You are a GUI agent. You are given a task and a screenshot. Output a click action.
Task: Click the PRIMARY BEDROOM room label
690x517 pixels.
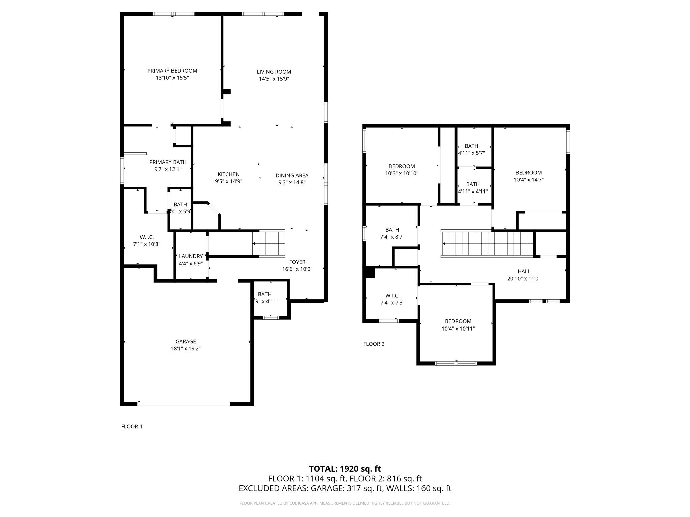172,71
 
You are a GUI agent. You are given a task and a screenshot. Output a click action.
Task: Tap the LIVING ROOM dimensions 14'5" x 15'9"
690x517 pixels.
274,79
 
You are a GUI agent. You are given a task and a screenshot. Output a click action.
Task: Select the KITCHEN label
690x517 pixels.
228,174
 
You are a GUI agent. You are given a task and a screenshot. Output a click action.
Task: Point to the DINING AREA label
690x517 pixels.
292,175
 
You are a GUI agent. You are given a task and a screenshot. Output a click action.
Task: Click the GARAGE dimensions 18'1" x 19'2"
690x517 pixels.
186,349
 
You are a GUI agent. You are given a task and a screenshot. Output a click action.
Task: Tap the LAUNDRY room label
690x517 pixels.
191,256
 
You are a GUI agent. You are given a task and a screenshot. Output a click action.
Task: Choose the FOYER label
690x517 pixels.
297,262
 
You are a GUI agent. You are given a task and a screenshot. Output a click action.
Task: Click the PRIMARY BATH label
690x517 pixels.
168,162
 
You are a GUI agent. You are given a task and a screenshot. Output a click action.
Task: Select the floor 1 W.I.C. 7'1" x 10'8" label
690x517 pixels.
147,241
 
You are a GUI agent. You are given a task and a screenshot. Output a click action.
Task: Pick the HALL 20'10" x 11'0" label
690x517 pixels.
524,275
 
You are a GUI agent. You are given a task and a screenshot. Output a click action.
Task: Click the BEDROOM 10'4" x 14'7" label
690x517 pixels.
529,176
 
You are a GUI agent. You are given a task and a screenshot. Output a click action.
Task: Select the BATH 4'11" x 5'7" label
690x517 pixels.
471,149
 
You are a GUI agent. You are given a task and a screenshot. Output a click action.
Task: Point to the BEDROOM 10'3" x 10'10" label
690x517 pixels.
402,170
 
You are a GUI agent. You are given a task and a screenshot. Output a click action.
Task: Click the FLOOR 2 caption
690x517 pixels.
374,344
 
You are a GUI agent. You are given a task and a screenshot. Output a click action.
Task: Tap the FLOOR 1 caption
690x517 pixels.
132,426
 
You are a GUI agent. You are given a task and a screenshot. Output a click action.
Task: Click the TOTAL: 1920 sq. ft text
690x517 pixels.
345,469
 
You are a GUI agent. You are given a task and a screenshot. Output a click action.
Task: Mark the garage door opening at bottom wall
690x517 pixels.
184,403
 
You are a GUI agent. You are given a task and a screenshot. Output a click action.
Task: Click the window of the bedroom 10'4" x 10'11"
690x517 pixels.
456,363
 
